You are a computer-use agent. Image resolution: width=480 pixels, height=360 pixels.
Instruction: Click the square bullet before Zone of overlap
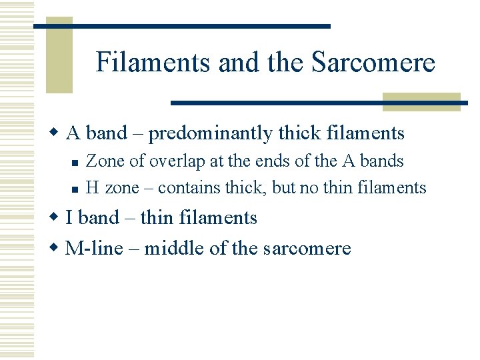click(76, 162)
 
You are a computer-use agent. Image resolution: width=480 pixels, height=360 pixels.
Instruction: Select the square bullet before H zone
click(76, 189)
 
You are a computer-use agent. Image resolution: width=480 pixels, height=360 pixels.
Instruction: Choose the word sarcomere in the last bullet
click(307, 249)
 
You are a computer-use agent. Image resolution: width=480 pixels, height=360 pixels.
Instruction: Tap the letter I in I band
click(70, 218)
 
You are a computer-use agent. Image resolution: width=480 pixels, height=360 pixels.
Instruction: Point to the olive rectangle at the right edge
click(421, 101)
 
